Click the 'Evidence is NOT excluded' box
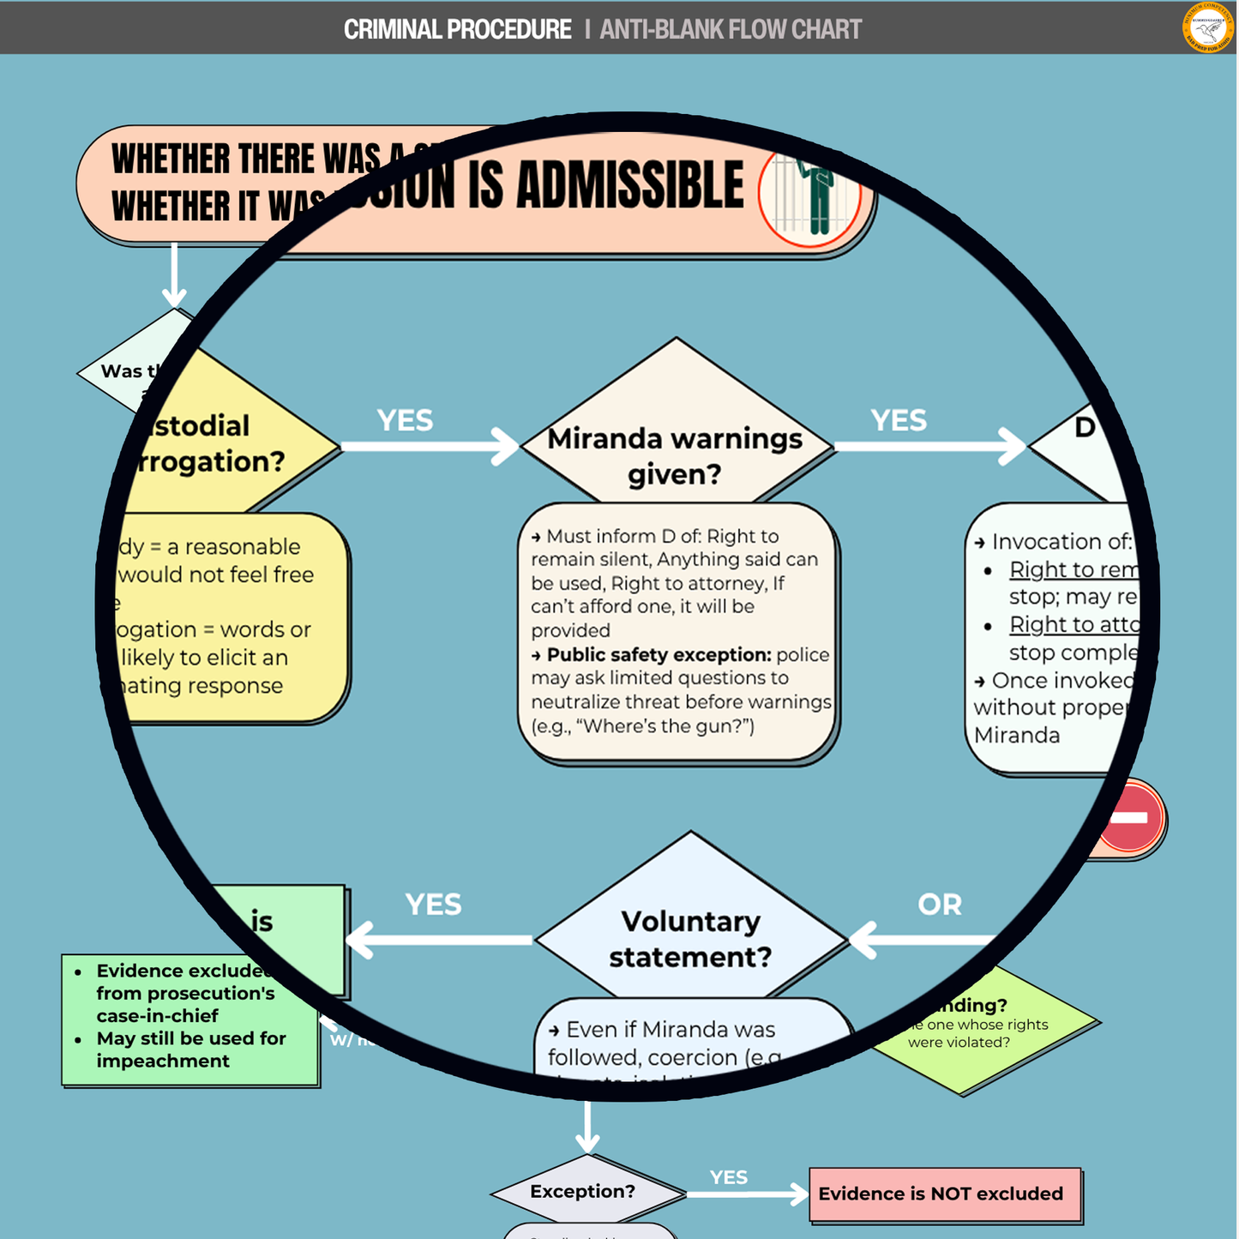[943, 1194]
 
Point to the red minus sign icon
[1130, 817]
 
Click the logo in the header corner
[1208, 27]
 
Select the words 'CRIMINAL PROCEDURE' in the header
[457, 29]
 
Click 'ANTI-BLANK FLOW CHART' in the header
[731, 29]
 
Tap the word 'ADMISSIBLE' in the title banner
[630, 184]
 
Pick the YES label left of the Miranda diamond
[405, 420]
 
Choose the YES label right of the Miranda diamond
[899, 420]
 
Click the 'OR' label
[940, 904]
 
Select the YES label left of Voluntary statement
[433, 904]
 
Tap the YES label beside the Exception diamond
[729, 1177]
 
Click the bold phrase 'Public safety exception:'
[659, 654]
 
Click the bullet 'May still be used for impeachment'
[190, 1050]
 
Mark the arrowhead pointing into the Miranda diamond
[507, 446]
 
